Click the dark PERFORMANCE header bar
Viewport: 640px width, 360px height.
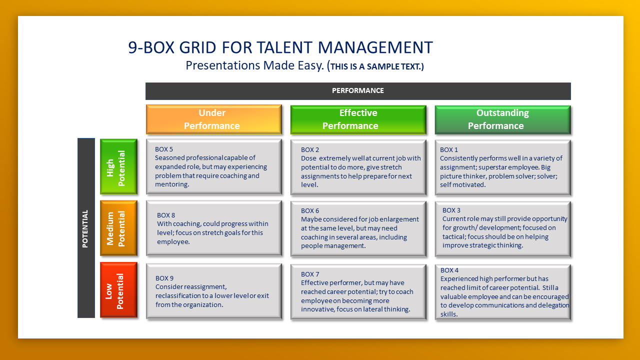pos(358,91)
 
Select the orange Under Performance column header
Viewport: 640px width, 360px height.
pos(213,119)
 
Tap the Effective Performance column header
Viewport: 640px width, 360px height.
pos(358,119)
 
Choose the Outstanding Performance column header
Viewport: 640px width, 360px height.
pos(502,119)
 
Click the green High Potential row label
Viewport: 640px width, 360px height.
pos(118,166)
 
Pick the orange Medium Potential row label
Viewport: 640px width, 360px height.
pos(118,228)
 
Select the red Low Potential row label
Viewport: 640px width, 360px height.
pos(118,289)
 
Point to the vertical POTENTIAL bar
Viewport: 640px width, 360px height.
pos(86,228)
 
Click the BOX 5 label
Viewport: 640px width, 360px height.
pos(164,149)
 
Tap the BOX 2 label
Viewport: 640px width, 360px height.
pos(310,149)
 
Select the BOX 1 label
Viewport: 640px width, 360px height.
pos(449,149)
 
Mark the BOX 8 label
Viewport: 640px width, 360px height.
pos(166,215)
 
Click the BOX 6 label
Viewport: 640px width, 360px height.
pos(310,210)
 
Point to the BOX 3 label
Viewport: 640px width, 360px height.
pos(451,210)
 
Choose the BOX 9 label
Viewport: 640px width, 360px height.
pos(164,278)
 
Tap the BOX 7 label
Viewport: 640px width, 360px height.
pos(310,274)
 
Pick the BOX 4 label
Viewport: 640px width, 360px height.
pos(449,270)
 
